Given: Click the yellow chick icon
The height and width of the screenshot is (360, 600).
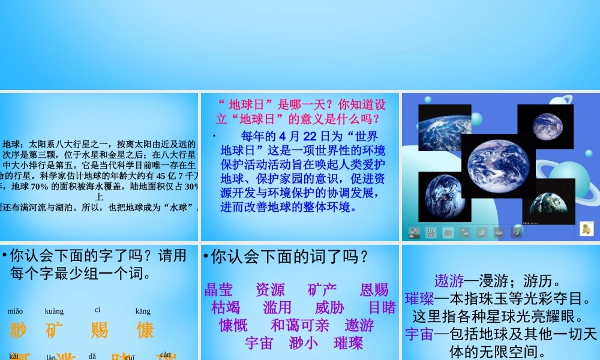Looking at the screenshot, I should coord(586,229).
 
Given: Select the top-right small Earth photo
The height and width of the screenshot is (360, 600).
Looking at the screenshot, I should coord(545,127).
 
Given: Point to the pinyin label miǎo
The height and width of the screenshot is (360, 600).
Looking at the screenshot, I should coord(16,311).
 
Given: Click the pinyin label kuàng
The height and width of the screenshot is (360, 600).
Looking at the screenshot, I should coord(54,311).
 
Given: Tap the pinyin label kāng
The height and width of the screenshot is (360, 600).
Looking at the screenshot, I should coord(143,311).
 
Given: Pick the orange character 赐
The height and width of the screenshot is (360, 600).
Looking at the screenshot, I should coord(100,330).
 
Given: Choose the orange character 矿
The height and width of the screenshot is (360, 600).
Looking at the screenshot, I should coord(55,330).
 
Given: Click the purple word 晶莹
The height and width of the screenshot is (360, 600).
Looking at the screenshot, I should coord(218,290).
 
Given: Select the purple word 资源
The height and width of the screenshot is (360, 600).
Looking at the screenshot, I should coord(270,290).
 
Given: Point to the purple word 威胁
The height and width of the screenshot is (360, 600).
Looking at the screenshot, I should coord(329,308).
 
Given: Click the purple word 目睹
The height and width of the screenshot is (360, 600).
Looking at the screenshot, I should coord(382,308).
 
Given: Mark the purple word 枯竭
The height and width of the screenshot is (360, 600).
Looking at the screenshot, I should coord(226,308).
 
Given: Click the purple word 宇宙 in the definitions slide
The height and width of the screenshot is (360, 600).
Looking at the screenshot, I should coord(419,334).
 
